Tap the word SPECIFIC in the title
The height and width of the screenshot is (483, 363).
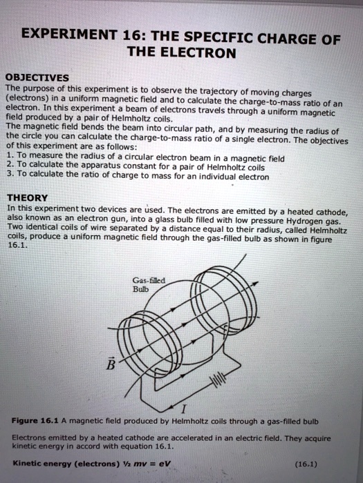(232, 38)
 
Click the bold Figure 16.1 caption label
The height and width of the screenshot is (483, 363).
(30, 420)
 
